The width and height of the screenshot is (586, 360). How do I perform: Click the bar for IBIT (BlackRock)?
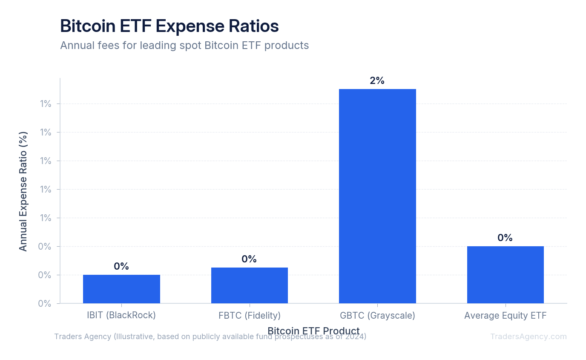click(121, 289)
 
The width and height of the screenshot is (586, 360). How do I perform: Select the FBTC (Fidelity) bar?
click(249, 285)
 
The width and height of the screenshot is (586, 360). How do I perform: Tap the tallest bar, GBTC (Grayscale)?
click(377, 196)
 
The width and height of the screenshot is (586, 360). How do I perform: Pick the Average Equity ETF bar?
click(505, 274)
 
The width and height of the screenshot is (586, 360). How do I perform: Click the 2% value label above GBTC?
click(377, 81)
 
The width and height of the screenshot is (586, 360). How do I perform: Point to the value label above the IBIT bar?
click(121, 266)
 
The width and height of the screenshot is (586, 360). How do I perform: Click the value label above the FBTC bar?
click(249, 259)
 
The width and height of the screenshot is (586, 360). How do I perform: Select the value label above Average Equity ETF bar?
click(505, 238)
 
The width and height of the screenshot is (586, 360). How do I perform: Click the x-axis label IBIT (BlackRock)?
click(121, 315)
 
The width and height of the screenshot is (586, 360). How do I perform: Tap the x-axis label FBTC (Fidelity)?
click(249, 315)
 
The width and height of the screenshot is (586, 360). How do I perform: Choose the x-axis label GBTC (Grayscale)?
click(377, 315)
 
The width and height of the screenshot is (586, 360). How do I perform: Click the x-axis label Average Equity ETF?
click(505, 315)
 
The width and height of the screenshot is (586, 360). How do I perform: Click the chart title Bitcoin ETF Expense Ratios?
click(169, 26)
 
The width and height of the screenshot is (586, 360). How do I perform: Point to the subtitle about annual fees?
click(184, 45)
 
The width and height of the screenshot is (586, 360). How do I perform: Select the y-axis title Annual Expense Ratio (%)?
click(23, 191)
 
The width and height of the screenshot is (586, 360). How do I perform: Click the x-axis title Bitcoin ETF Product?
click(313, 331)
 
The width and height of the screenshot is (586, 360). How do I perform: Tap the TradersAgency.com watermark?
click(528, 336)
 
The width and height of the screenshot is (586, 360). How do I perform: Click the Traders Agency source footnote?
click(210, 337)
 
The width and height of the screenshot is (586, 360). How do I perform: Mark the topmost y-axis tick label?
click(46, 104)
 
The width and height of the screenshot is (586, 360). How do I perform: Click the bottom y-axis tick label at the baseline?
click(45, 303)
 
